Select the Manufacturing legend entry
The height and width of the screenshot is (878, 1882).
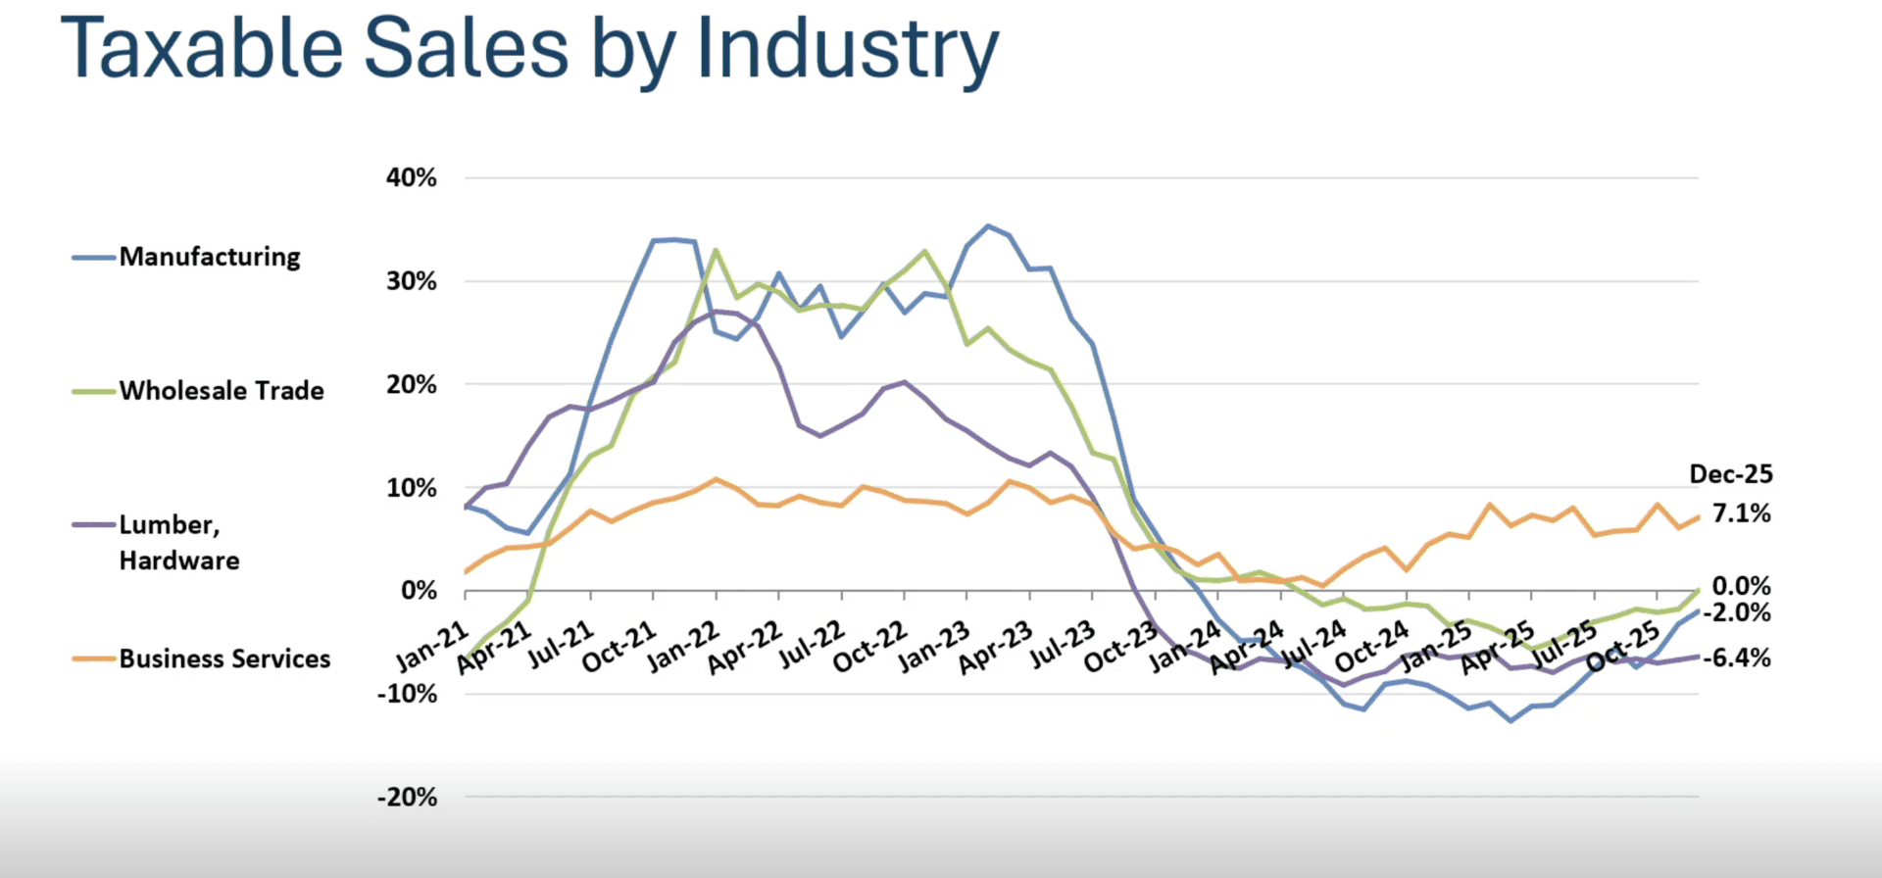pos(210,257)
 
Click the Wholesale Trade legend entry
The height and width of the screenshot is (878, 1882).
pos(222,391)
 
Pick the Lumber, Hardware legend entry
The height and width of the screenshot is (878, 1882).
pos(179,542)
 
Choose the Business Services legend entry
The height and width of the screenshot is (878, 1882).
pos(224,658)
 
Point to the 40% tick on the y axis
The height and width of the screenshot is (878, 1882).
pos(412,178)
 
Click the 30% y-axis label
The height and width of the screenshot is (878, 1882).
pos(412,282)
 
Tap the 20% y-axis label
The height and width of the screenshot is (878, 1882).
pos(412,385)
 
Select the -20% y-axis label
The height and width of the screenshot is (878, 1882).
pos(408,798)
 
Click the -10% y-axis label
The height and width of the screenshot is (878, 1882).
pos(408,694)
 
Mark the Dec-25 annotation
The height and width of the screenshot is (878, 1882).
pos(1731,474)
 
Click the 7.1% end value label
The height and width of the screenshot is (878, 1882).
pos(1742,513)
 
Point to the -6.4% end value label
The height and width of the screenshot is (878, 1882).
pos(1737,658)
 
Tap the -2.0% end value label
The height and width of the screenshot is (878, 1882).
pos(1737,613)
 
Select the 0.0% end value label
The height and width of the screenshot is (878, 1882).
pos(1742,586)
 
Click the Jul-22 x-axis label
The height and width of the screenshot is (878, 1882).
pos(811,645)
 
